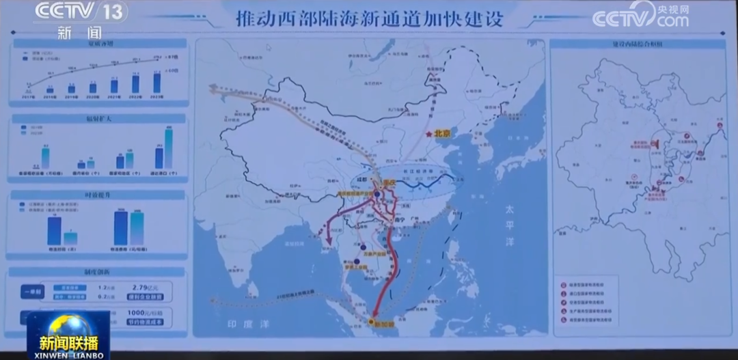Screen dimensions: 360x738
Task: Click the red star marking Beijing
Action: (428, 135)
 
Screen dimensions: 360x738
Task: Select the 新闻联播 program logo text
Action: (68, 342)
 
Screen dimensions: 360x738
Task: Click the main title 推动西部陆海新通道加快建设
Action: (369, 18)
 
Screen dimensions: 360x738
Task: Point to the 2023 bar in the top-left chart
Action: (158, 83)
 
